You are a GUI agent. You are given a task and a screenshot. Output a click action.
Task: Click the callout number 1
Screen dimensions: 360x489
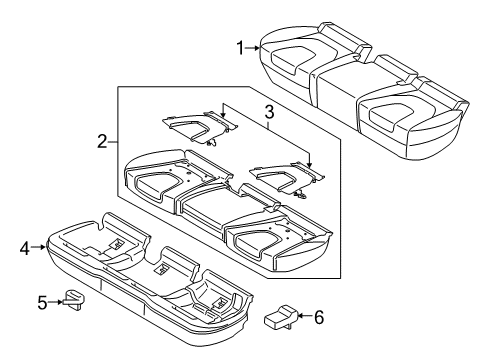(240, 46)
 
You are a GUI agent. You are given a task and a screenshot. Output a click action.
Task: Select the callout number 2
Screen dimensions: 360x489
(102, 143)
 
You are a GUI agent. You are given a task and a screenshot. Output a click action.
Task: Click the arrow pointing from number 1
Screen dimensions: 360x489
(253, 46)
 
